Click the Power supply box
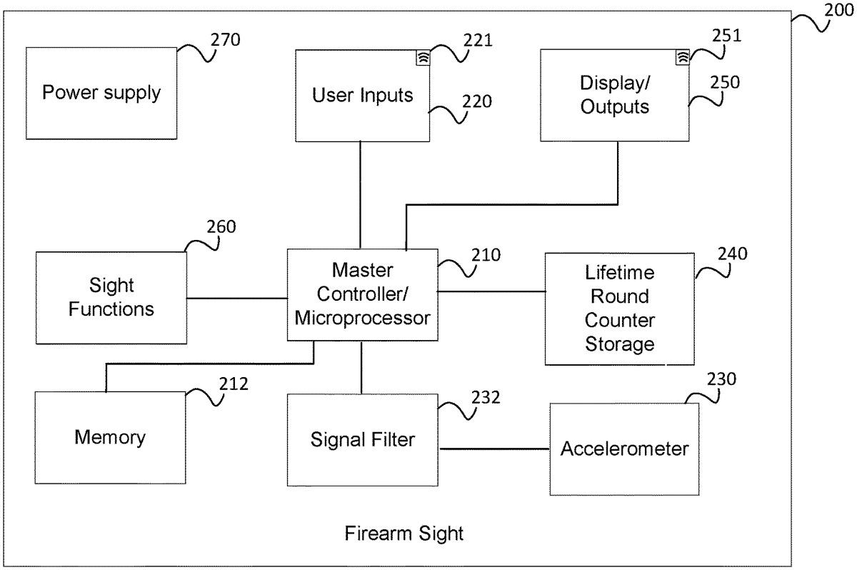click(101, 93)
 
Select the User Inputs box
click(363, 95)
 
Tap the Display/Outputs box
click(614, 95)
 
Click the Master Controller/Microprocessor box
click(363, 294)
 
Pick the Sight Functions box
click(111, 297)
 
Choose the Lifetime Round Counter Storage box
click(619, 309)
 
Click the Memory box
click(110, 437)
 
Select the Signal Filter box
click(363, 439)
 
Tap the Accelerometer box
click(624, 449)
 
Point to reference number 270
click(225, 39)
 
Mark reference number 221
click(477, 41)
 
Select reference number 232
click(486, 396)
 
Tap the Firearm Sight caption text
click(404, 533)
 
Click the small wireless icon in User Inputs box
click(424, 59)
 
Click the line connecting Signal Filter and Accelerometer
click(494, 449)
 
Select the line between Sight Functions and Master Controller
click(236, 297)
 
